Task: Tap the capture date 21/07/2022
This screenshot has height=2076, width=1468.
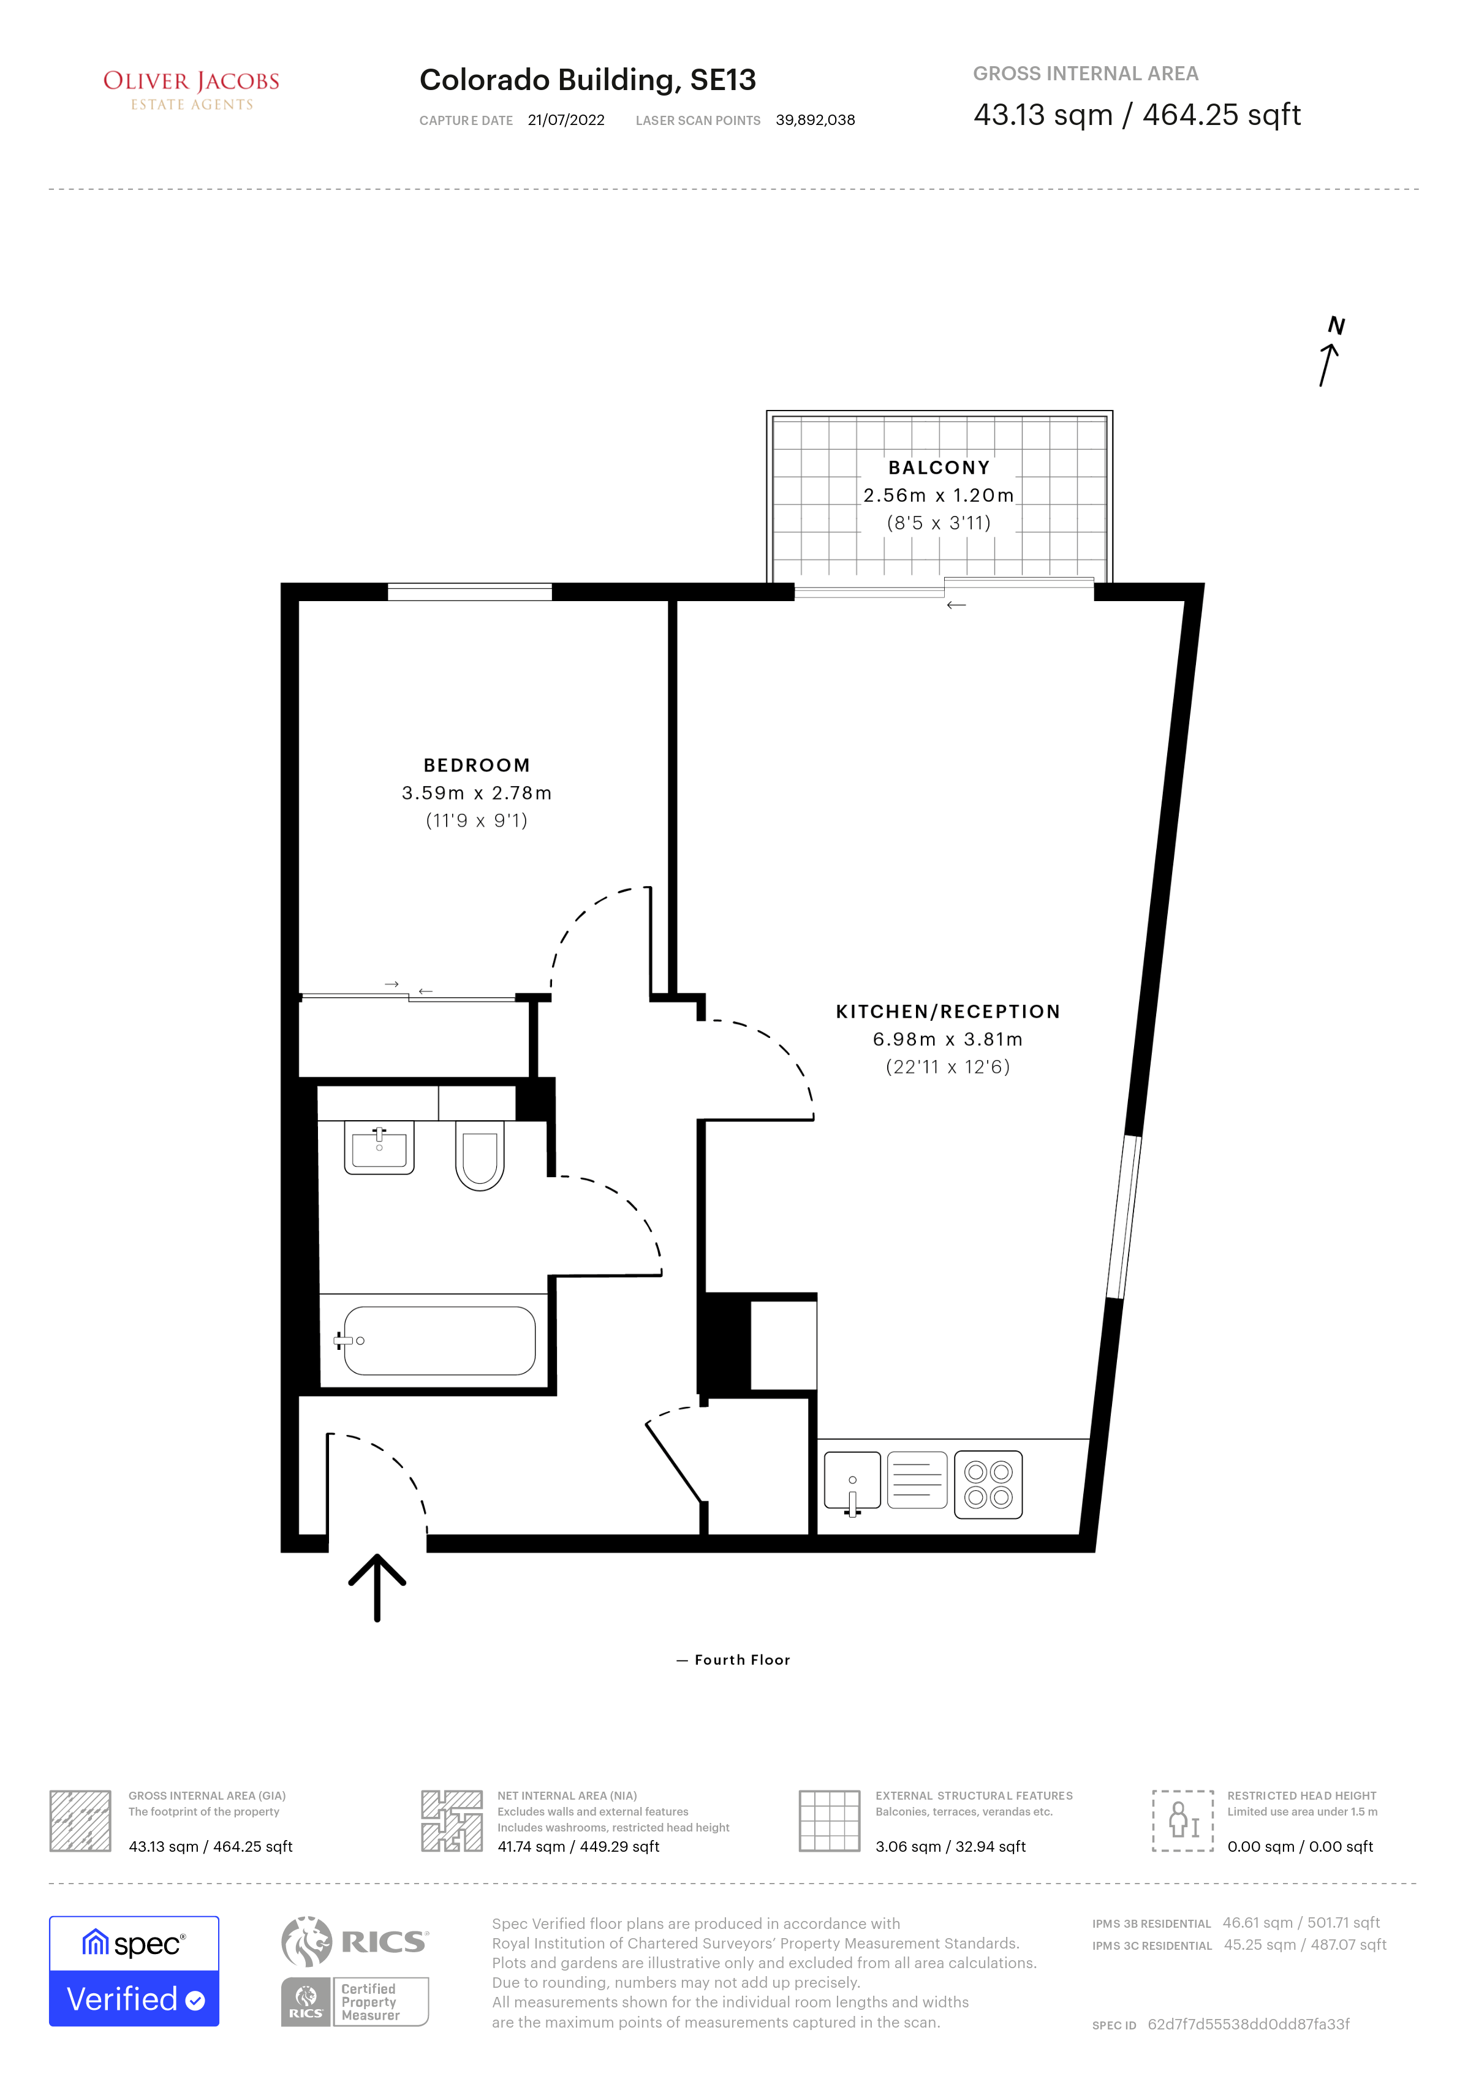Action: click(566, 120)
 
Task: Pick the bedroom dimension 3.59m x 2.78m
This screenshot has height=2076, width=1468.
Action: click(477, 793)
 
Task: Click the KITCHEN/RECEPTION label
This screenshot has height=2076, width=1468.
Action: click(947, 1012)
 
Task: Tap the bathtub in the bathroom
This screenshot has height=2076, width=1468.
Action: click(439, 1341)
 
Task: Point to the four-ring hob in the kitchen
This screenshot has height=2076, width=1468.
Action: click(988, 1485)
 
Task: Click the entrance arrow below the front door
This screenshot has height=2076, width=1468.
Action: click(377, 1587)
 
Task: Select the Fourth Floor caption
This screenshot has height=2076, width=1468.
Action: click(741, 1660)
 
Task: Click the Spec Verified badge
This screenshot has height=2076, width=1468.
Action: click(134, 1971)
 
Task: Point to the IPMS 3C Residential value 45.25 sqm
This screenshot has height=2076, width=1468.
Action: click(1304, 1944)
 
